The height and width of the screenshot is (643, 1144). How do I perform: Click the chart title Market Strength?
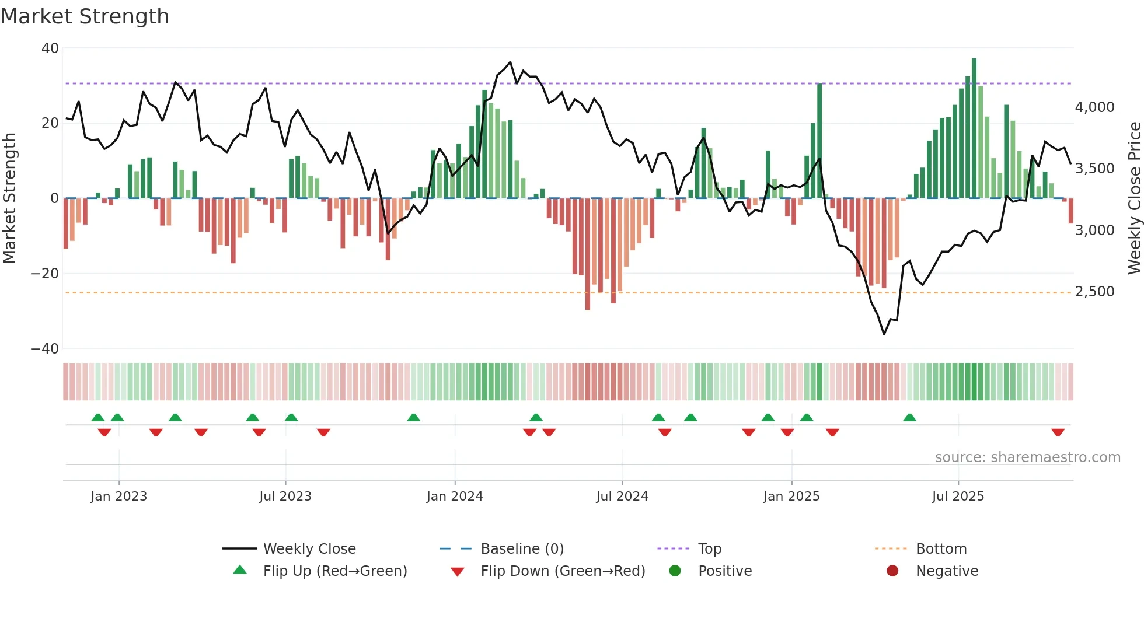click(x=85, y=16)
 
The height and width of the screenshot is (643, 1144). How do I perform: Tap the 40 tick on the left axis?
click(x=50, y=48)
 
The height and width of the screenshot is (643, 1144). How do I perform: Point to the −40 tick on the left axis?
click(x=45, y=349)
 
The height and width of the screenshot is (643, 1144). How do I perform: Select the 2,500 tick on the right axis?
click(x=1094, y=292)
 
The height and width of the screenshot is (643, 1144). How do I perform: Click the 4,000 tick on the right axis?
click(x=1094, y=107)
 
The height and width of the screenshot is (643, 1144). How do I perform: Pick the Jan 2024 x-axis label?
click(x=455, y=497)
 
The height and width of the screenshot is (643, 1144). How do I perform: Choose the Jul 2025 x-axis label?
click(x=958, y=497)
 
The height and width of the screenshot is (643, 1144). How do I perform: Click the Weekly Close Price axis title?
click(x=1134, y=198)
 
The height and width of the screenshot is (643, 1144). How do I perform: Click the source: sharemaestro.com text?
click(x=1027, y=457)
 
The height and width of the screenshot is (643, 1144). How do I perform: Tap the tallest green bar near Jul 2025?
click(x=974, y=128)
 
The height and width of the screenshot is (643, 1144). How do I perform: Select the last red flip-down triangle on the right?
click(x=1058, y=432)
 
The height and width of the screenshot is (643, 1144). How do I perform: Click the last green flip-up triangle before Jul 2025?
click(x=909, y=417)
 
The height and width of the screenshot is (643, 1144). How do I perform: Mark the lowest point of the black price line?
click(x=884, y=334)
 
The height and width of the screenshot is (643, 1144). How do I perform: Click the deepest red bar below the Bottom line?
click(x=588, y=254)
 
